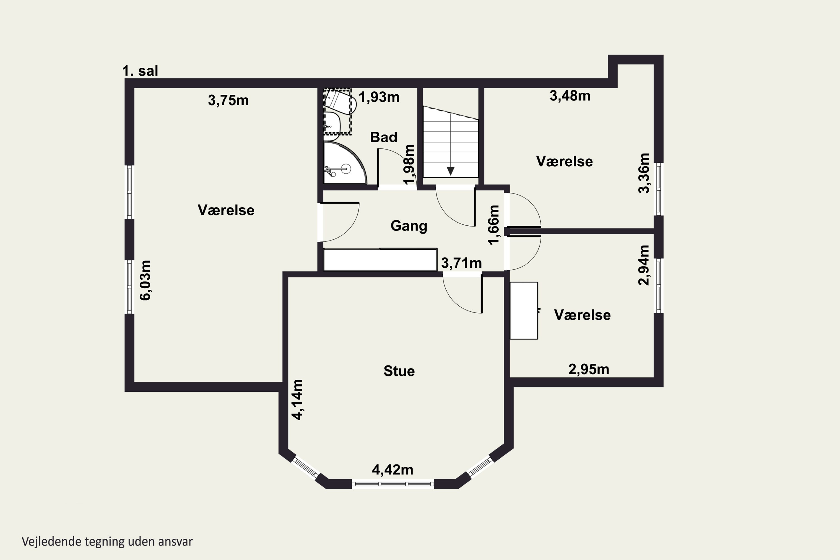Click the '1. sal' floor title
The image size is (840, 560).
(140, 71)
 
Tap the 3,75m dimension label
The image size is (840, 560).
(228, 100)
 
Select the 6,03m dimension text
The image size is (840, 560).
(145, 280)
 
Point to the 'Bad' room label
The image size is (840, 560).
(384, 137)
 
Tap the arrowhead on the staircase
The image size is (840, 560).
(451, 171)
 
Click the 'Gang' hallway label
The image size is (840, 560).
(409, 226)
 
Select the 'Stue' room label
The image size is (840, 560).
(399, 371)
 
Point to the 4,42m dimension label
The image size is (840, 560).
(393, 470)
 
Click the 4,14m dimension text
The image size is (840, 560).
(297, 399)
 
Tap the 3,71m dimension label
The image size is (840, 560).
(461, 263)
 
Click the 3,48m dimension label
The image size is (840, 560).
(570, 96)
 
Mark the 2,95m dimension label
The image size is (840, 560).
(589, 369)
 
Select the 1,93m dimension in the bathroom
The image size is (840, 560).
(379, 97)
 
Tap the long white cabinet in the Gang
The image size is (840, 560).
(380, 260)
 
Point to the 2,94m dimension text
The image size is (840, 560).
(644, 265)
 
